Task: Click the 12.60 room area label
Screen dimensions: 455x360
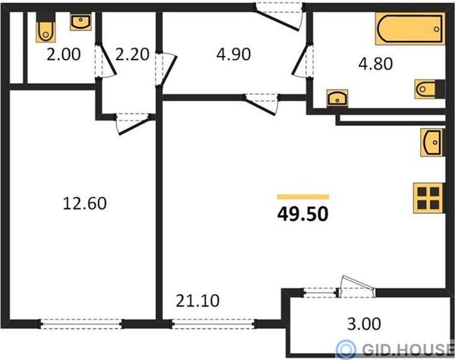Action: pyautogui.click(x=85, y=203)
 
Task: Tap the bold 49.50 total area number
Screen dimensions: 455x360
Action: pyautogui.click(x=303, y=214)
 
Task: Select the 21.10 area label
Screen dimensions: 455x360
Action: pyautogui.click(x=198, y=301)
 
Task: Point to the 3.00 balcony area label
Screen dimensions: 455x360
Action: pyautogui.click(x=364, y=324)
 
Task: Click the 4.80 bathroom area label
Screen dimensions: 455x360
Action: pyautogui.click(x=375, y=64)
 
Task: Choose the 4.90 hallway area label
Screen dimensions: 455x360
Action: pyautogui.click(x=234, y=55)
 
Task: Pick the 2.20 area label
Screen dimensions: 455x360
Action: pyautogui.click(x=132, y=55)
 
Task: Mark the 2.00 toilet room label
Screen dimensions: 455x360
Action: pyautogui.click(x=64, y=55)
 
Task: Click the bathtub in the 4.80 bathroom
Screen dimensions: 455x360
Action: pyautogui.click(x=410, y=29)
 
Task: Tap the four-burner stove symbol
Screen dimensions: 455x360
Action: pyautogui.click(x=428, y=198)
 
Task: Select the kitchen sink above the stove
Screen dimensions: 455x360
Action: pyautogui.click(x=432, y=142)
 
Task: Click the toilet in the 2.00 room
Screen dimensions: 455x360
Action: pyautogui.click(x=45, y=28)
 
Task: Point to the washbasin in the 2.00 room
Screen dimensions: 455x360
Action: pyautogui.click(x=80, y=23)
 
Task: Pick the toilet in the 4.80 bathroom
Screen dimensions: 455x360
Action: pyautogui.click(x=429, y=89)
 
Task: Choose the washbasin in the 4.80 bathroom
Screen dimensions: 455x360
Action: pyautogui.click(x=337, y=99)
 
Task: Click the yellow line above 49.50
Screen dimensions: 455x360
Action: pyautogui.click(x=303, y=197)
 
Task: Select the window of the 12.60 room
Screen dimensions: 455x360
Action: pyautogui.click(x=81, y=324)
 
